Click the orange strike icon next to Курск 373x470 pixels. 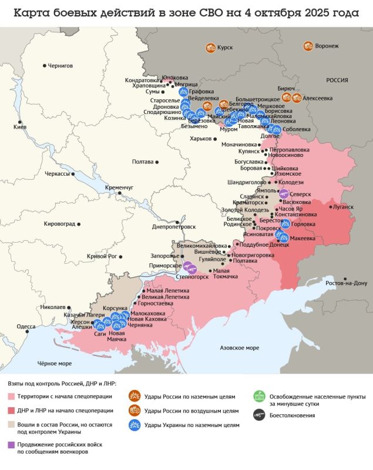coord(210,48)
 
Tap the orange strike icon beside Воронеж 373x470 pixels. coord(308,46)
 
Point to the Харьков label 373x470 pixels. coord(200,139)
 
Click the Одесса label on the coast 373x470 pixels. coord(26,326)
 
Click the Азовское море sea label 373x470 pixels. coord(239,348)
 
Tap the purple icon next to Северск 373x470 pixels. coord(284,194)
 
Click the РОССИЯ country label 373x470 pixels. coord(337,80)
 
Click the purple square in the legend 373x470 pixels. coord(11,444)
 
